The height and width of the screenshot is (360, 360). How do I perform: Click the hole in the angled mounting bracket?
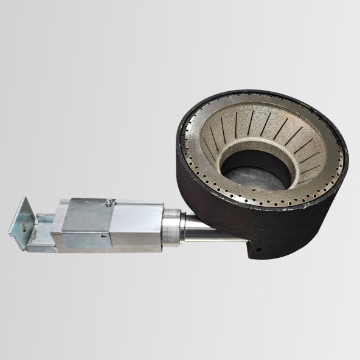[x=23, y=224]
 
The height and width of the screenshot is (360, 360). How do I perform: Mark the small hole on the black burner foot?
[x=256, y=249]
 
